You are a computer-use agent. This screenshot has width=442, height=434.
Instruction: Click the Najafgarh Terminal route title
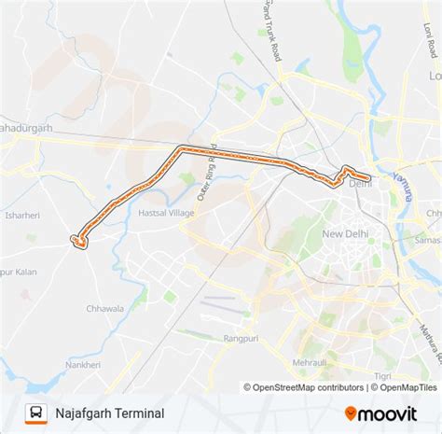point(110,413)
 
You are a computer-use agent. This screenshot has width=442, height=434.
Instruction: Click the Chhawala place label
point(131,307)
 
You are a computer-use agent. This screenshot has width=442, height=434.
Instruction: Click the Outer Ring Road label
point(207,173)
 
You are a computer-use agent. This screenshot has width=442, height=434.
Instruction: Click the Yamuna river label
point(408,176)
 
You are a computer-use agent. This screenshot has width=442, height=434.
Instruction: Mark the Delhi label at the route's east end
point(360,184)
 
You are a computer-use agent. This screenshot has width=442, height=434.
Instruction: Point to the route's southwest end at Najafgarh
point(80,241)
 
